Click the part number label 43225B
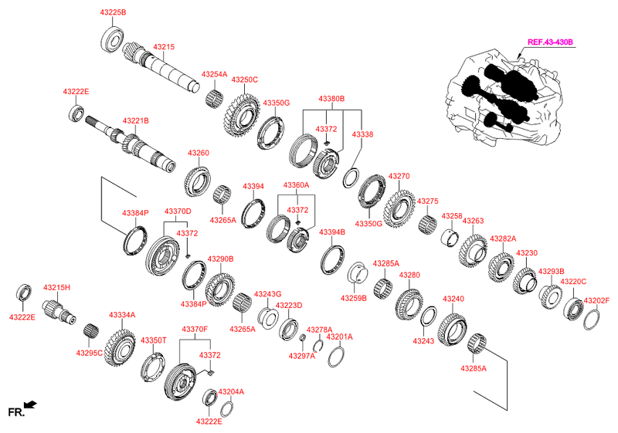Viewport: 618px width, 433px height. coord(112,13)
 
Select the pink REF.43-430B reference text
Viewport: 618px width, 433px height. coord(550,42)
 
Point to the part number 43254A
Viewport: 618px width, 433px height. coord(214,75)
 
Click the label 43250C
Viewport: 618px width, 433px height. coord(244,79)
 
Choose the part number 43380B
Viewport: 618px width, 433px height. coord(331,99)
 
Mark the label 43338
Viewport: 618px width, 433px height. coord(362,134)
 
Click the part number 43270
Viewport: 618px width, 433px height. coord(399,176)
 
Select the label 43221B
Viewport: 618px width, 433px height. coord(135,120)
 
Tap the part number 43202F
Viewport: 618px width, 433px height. coord(597,300)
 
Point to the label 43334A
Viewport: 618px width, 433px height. coord(122,315)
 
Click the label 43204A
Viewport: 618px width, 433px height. coord(231,391)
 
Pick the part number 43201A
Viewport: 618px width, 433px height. coord(339,337)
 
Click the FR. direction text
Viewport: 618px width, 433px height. coord(15,413)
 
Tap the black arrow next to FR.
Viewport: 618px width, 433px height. coord(31,404)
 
